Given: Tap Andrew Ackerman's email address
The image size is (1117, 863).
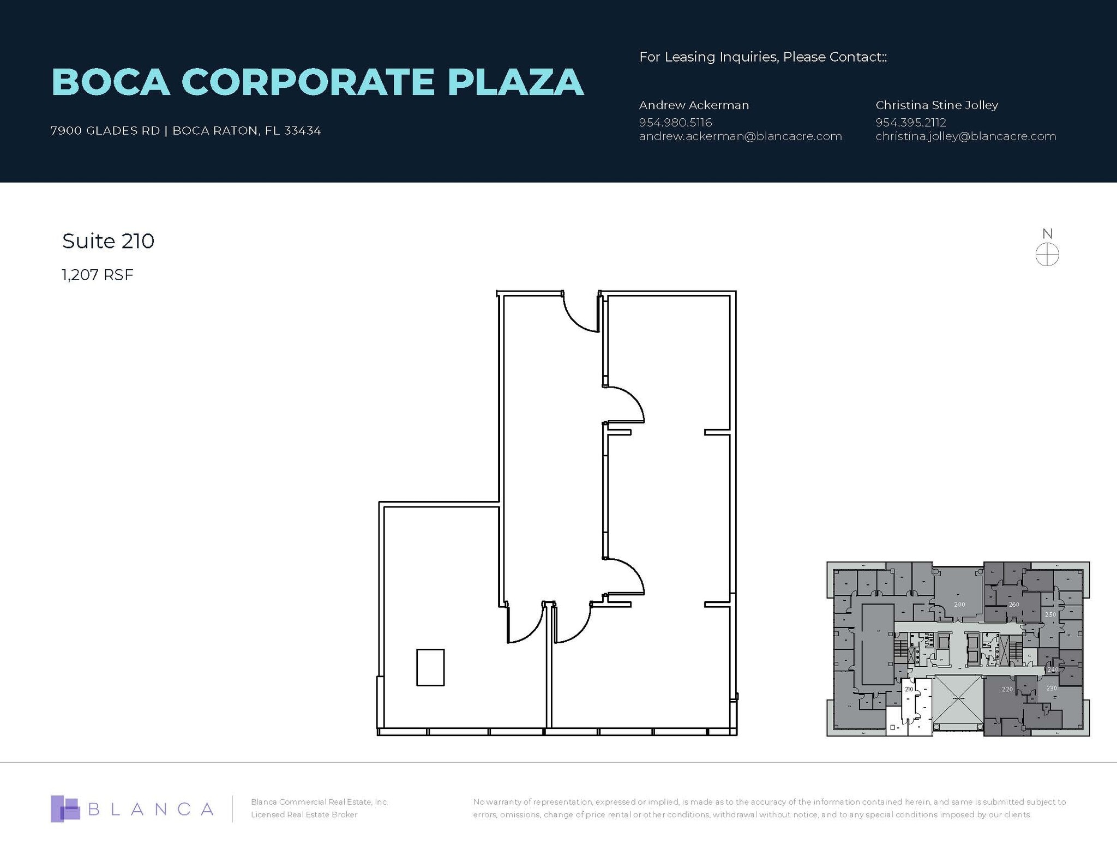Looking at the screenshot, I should (x=740, y=136).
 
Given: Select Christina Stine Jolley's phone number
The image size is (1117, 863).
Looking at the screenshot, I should (x=910, y=122).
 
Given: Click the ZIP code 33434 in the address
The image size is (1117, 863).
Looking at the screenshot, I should (x=302, y=131).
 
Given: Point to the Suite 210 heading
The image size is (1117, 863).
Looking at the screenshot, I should (x=108, y=241).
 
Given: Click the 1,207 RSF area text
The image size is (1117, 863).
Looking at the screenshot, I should (x=98, y=275).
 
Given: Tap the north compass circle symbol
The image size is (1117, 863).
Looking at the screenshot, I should (x=1047, y=255).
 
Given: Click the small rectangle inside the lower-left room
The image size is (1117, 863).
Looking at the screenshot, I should (x=430, y=667).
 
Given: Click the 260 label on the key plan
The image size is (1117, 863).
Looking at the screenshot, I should (x=1014, y=605).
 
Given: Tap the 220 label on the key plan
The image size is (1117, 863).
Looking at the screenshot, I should (x=1007, y=690).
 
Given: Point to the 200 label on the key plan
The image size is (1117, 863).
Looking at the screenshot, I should (x=959, y=605).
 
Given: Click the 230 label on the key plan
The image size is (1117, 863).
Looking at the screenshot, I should (x=1052, y=689).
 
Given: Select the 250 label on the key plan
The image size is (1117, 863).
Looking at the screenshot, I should (x=1050, y=615).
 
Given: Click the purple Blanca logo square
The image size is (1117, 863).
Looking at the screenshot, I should (x=64, y=808).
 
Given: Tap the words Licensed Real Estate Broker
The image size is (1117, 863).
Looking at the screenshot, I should (x=304, y=814).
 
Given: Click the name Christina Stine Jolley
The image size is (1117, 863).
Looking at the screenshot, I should (x=936, y=105).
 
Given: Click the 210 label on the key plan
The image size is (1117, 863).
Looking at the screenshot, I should (x=909, y=690).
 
